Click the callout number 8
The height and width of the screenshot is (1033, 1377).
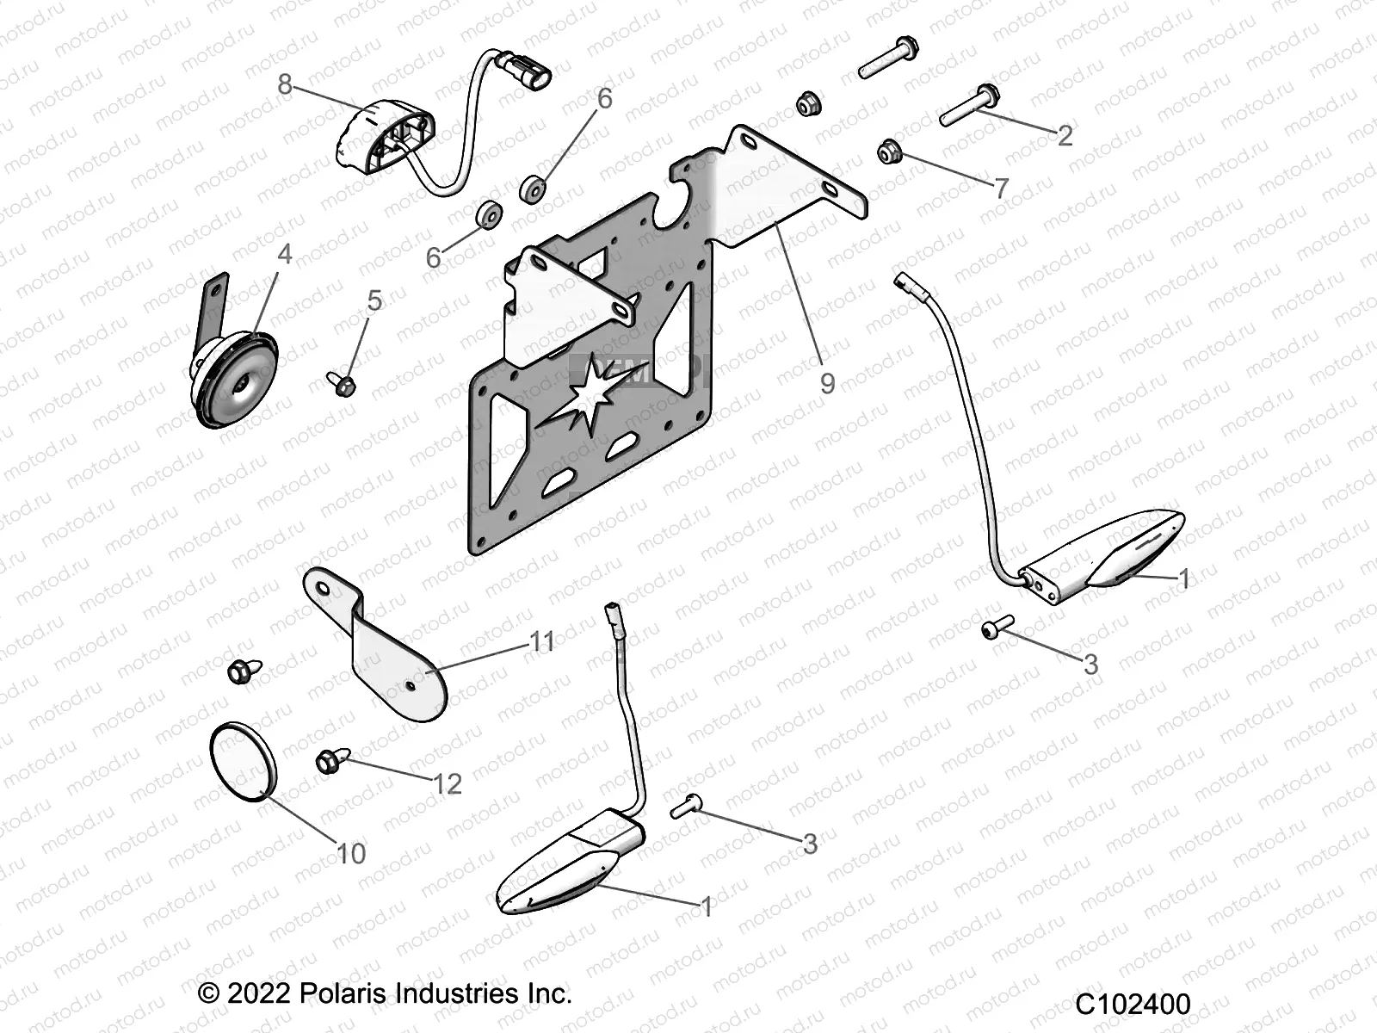click(x=285, y=84)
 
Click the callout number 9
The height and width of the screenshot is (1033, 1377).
click(x=827, y=383)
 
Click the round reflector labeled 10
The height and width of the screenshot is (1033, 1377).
click(x=244, y=761)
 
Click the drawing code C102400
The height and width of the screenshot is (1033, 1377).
click(x=1133, y=1005)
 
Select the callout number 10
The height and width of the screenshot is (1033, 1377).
click(x=350, y=853)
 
